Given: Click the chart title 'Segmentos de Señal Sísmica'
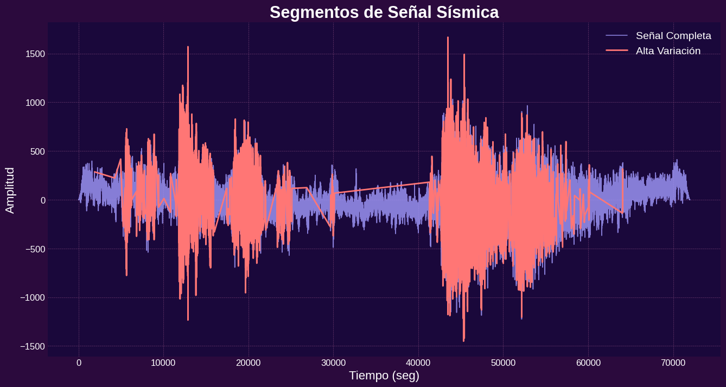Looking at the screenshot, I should [x=384, y=12].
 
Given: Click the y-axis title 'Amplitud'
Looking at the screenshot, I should [x=10, y=190].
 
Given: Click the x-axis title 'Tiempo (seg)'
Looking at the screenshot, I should [x=384, y=375].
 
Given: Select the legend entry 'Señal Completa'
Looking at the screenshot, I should [x=673, y=36].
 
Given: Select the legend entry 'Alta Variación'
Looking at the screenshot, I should [x=668, y=50].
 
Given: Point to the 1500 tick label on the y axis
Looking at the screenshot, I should [x=35, y=54].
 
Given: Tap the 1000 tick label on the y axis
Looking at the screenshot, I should [x=35, y=103].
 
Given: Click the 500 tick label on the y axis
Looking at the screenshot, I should [x=37, y=151].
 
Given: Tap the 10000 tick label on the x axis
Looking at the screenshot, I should [x=163, y=363].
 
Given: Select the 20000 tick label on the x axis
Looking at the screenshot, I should [x=249, y=363].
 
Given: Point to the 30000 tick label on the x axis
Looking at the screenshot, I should [x=333, y=363].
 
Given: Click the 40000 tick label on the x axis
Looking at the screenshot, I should [x=418, y=363].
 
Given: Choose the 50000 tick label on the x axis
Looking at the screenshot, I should [x=503, y=363].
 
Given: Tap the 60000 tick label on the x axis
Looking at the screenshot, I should [x=588, y=363].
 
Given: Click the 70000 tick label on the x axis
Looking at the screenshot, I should [x=673, y=363].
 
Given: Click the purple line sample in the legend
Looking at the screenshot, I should [x=616, y=36].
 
